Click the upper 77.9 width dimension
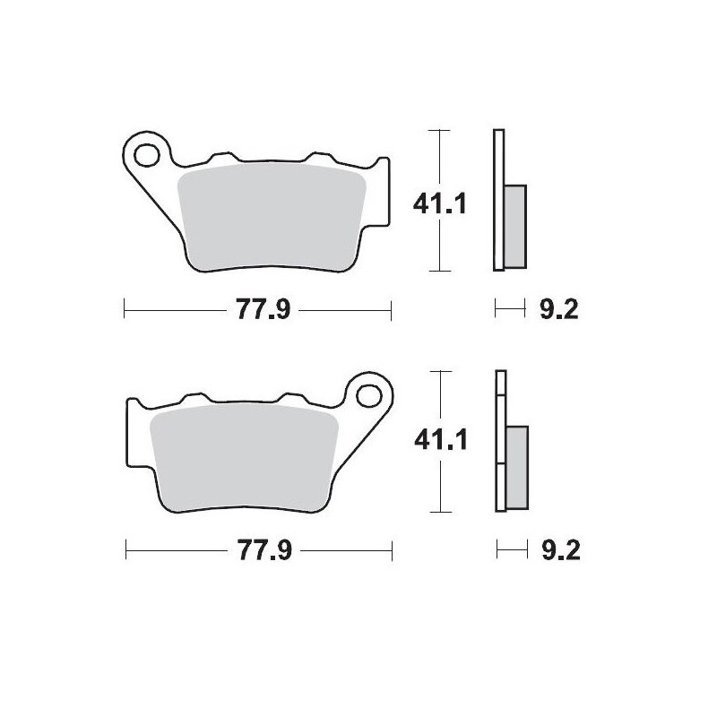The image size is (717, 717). pos(255,311)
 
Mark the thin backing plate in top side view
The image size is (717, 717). pos(499,199)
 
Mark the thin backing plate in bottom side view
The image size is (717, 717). pos(499,441)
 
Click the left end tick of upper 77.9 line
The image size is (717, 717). pos(123,311)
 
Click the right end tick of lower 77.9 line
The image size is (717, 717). pos(392,549)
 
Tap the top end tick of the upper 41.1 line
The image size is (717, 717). pos(437,131)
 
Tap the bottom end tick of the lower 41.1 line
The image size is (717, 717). pos(437,513)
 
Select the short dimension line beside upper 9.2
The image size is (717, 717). pos(509,311)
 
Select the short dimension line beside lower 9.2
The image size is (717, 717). pos(509,549)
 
